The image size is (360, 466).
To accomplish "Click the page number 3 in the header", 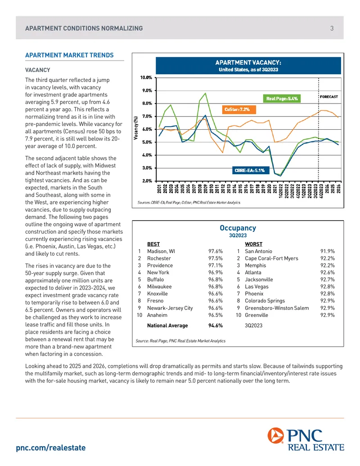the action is pos(332,28).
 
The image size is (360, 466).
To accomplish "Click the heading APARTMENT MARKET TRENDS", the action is pos(69,55).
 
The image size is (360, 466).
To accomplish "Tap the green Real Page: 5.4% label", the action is pos(282,99).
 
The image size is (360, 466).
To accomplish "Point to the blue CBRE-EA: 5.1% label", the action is pos(249,170).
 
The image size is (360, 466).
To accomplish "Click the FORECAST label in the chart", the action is pos(329,97).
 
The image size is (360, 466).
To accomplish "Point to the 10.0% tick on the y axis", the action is pos(146,77).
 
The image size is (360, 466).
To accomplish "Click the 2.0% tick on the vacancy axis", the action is pos(147,181).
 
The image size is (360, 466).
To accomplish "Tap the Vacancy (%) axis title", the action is pos(136,128).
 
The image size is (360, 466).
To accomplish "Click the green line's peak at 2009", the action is pos(205,93).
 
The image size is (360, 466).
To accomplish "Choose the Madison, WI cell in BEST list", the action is pos(161,251).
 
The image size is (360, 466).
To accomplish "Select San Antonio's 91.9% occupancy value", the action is pos(327,251).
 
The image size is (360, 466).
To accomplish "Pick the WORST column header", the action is pos(253,244).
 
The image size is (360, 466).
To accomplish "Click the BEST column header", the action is pos(153,244).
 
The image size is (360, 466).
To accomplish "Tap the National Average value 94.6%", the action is pos(216,326).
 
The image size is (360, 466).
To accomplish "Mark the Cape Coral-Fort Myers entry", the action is pos(271,258).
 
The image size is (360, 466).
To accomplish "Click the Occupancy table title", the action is pos(238,228).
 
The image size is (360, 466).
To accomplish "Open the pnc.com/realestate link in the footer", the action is pos(51,448).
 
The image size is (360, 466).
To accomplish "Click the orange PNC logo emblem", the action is pos(276,435).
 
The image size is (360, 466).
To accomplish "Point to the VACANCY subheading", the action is pos(37,70).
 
